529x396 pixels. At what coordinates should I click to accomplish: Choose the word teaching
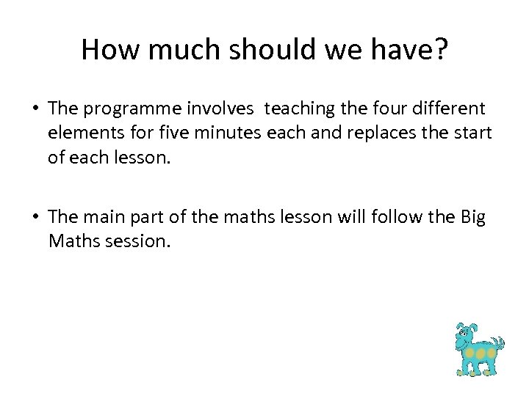[299, 109]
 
